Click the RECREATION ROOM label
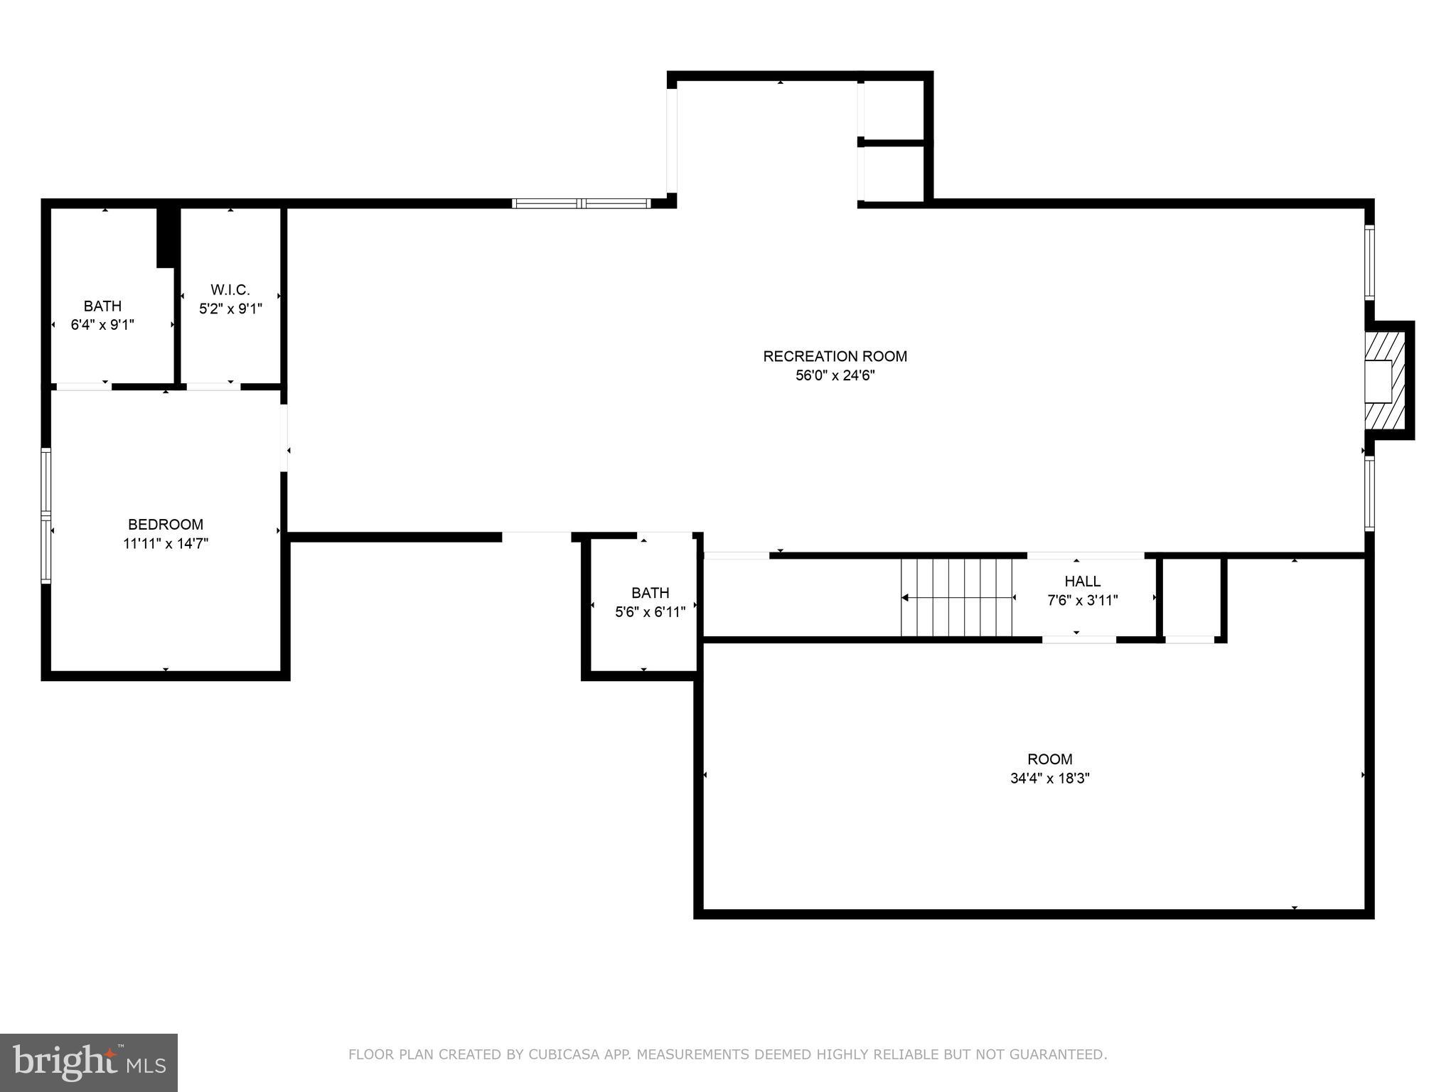click(835, 356)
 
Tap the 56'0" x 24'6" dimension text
click(835, 375)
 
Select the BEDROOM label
click(166, 525)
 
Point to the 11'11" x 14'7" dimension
click(166, 544)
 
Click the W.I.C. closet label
click(230, 290)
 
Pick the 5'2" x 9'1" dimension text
click(230, 309)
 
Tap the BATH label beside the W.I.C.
click(102, 306)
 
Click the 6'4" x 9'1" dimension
click(102, 325)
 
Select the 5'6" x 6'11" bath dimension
click(651, 611)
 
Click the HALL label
click(1083, 582)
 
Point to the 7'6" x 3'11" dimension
click(1083, 600)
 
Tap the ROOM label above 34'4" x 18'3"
click(1050, 759)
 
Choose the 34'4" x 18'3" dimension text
click(1050, 778)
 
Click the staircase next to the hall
click(957, 597)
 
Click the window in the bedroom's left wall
click(46, 515)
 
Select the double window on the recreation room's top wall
click(582, 203)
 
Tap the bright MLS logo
click(89, 1062)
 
